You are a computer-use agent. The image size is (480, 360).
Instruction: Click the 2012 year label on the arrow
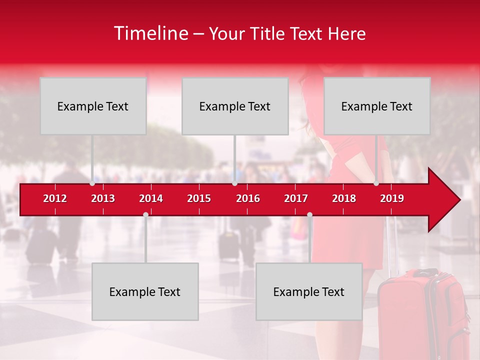pos(55,198)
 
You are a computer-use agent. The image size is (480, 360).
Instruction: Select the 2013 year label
pos(103,198)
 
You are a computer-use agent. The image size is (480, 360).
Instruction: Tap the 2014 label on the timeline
pos(151,198)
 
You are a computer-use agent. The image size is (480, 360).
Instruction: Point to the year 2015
pos(199,198)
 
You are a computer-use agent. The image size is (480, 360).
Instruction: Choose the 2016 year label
pos(247,198)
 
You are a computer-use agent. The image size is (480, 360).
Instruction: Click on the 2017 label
pos(296,198)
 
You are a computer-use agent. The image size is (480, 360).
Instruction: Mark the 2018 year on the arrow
pos(344,198)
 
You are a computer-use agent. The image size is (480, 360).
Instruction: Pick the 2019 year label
pos(392,198)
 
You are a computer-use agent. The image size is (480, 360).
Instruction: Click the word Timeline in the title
pos(150,33)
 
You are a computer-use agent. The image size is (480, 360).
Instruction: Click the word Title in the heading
pos(268,34)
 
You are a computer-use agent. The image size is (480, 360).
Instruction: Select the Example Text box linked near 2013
pos(93,106)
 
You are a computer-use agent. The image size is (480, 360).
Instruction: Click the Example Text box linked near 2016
pos(235,106)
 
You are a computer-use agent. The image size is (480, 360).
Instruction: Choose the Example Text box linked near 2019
pos(377,106)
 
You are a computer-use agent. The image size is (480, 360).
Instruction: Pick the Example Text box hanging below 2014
pos(145,291)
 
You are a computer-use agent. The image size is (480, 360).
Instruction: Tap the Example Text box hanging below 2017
pos(309,291)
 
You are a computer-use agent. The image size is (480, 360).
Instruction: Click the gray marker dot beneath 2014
pos(145,214)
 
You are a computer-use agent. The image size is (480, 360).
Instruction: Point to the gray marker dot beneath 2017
pos(309,214)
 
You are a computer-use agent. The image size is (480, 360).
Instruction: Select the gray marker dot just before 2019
pos(376,183)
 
